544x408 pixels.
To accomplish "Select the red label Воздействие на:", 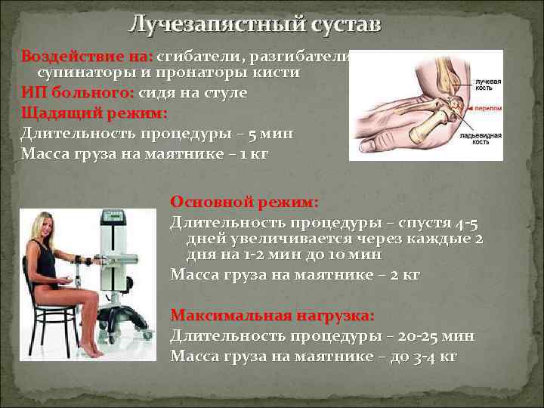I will [87, 57].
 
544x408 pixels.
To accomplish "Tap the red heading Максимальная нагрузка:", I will [272, 314].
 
